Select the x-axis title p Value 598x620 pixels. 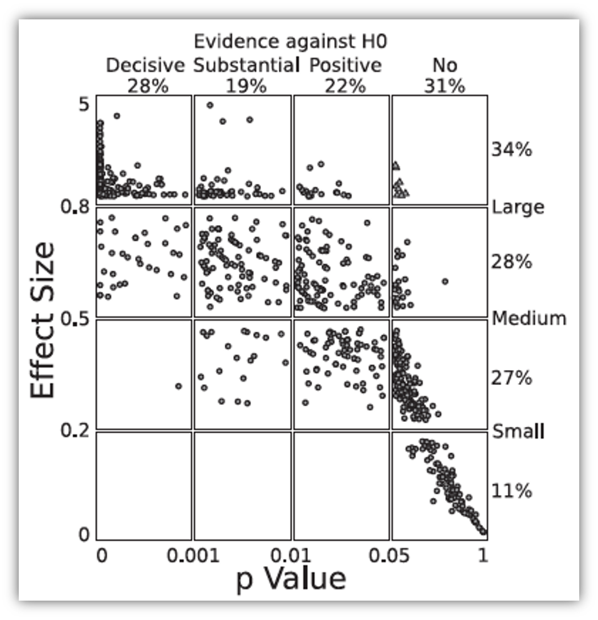[x=291, y=578]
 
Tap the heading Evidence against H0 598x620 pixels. [x=290, y=42]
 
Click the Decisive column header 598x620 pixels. [x=146, y=65]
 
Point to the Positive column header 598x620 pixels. [x=346, y=65]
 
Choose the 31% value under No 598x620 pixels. [x=444, y=86]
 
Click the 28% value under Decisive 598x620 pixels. [x=148, y=86]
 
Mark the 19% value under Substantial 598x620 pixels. [x=246, y=86]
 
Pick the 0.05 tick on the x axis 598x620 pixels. [x=391, y=554]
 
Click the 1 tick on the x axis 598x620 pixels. [x=482, y=554]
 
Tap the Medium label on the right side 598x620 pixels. [x=529, y=318]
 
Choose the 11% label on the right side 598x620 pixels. [x=511, y=491]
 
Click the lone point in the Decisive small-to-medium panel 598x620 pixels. [x=179, y=386]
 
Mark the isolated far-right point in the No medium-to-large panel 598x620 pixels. [x=445, y=281]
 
